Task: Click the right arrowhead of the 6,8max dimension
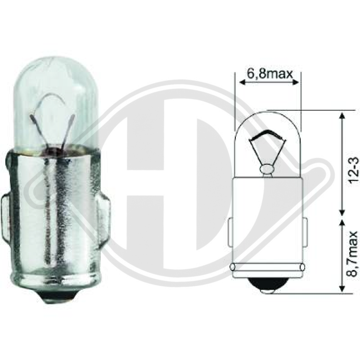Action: (x=297, y=82)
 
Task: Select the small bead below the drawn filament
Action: (x=267, y=169)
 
